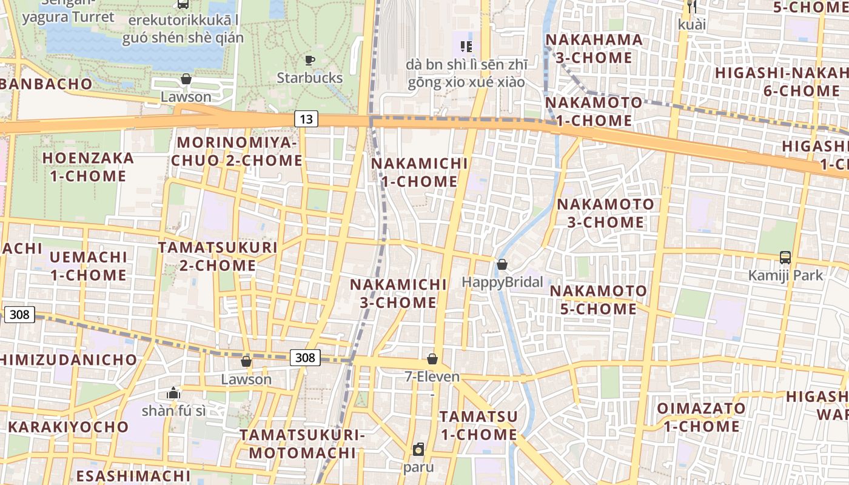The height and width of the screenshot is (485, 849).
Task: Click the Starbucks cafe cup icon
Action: (310, 60)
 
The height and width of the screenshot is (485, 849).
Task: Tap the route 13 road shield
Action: (306, 119)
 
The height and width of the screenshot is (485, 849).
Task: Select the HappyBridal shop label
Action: (502, 282)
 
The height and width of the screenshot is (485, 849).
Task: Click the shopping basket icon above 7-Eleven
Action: (432, 359)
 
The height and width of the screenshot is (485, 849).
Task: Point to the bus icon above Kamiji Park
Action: (785, 257)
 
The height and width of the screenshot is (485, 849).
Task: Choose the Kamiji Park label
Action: (785, 275)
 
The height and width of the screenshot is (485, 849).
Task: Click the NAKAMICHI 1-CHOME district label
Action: (420, 172)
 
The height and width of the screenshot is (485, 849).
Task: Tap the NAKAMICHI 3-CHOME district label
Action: (398, 293)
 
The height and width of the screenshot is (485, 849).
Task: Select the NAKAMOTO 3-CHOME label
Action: (606, 213)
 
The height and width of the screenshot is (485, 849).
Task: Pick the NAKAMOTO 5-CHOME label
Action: (598, 300)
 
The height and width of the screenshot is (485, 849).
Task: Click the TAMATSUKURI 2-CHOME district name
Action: (218, 256)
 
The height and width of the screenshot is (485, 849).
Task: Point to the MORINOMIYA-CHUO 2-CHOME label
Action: (237, 152)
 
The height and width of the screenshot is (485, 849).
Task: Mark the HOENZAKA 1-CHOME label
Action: (88, 167)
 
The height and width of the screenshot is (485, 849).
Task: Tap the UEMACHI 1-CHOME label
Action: (89, 266)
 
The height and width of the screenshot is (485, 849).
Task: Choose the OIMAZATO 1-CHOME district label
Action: (701, 417)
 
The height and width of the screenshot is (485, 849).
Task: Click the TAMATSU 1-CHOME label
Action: (478, 426)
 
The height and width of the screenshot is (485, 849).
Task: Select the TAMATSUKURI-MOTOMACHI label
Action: (302, 444)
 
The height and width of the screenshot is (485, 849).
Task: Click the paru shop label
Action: (418, 467)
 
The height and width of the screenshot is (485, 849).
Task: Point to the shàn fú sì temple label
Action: (173, 411)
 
